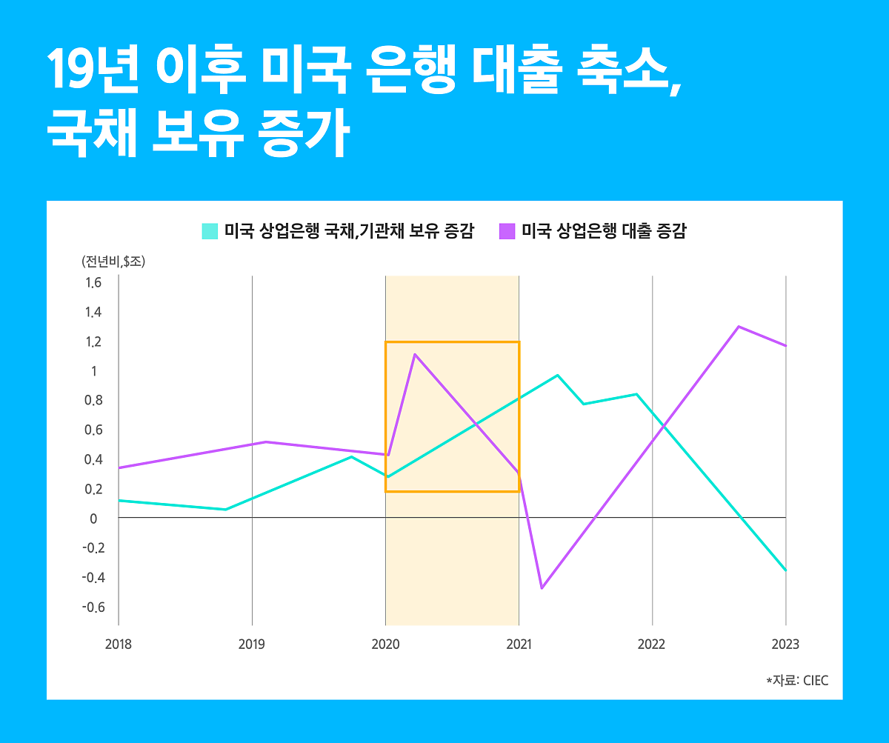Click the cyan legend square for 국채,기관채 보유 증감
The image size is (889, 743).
(210, 230)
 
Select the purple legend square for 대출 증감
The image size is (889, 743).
(507, 230)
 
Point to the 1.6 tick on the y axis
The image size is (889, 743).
(93, 283)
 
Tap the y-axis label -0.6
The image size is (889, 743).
(92, 607)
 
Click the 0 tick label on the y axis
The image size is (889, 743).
(93, 519)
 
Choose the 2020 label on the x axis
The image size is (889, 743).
(385, 644)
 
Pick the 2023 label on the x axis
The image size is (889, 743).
(785, 644)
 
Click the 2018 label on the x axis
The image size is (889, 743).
(119, 644)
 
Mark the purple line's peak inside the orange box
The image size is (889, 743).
(415, 354)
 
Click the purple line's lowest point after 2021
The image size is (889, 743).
(542, 588)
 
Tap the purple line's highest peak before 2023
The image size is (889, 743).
(739, 327)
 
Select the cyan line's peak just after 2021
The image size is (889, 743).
(558, 375)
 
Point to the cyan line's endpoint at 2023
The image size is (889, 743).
(785, 570)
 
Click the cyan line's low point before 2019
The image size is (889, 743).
(225, 510)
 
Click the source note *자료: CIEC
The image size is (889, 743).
(797, 680)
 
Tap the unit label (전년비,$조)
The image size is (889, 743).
(113, 261)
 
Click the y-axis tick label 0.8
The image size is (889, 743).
(93, 401)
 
